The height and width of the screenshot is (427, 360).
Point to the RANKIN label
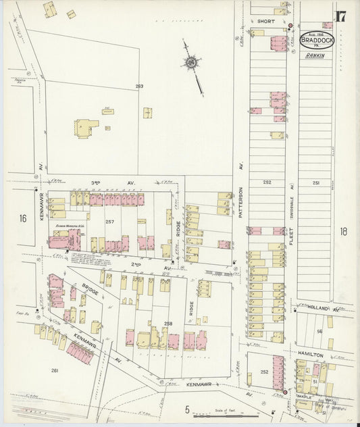point(315,56)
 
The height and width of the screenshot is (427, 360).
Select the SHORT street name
point(264,22)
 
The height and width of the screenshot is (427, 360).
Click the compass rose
point(191,64)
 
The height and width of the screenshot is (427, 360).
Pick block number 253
point(140,86)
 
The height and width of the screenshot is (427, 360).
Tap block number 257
point(111,221)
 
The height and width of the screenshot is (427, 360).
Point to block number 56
point(320,332)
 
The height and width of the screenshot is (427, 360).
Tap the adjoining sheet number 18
point(344,231)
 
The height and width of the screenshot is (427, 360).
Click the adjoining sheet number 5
point(187,408)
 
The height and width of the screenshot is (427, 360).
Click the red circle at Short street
point(290,26)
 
